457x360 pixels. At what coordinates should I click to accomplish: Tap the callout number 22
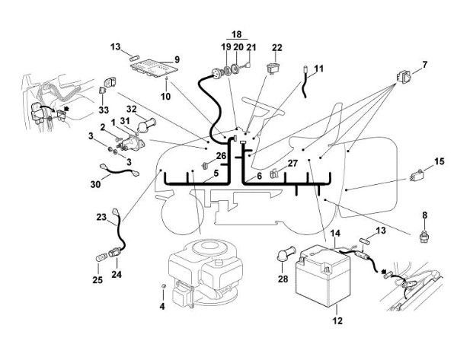pos(277,47)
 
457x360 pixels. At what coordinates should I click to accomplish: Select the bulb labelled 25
pos(99,257)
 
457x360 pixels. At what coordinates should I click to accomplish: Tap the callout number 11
pos(318,68)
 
